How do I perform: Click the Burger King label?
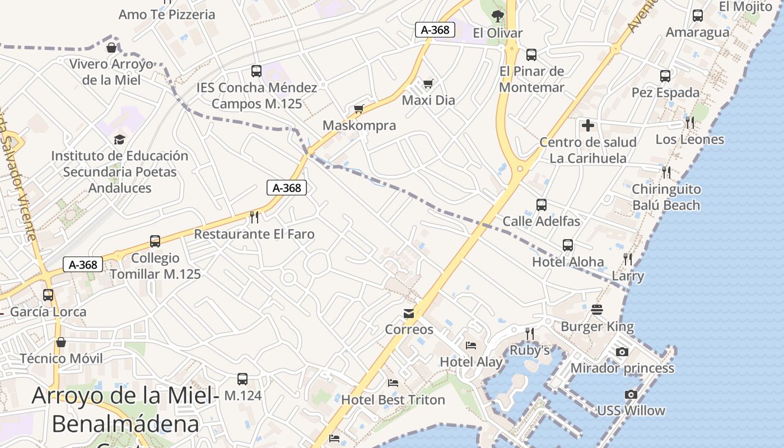pyautogui.click(x=598, y=326)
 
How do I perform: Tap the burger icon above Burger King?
pyautogui.click(x=597, y=310)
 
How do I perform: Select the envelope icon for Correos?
pyautogui.click(x=409, y=314)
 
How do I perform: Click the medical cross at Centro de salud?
pyautogui.click(x=587, y=125)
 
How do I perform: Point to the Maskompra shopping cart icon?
pyautogui.click(x=359, y=109)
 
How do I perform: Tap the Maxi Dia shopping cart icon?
pyautogui.click(x=428, y=84)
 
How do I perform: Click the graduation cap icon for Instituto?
pyautogui.click(x=119, y=139)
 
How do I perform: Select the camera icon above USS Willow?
pyautogui.click(x=631, y=394)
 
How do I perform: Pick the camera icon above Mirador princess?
pyautogui.click(x=622, y=352)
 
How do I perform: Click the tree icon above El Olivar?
pyautogui.click(x=497, y=16)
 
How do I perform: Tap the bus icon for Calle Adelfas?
pyautogui.click(x=541, y=204)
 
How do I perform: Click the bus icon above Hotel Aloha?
pyautogui.click(x=568, y=245)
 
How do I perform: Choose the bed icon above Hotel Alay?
pyautogui.click(x=471, y=346)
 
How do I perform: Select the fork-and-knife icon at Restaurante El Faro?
pyautogui.click(x=254, y=217)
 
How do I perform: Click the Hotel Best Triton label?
pyautogui.click(x=393, y=400)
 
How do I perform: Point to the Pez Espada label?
pyautogui.click(x=665, y=92)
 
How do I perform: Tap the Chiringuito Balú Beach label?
pyautogui.click(x=666, y=197)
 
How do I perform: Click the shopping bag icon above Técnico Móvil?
pyautogui.click(x=61, y=342)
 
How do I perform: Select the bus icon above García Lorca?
pyautogui.click(x=48, y=295)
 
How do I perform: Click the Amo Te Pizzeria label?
pyautogui.click(x=167, y=15)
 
